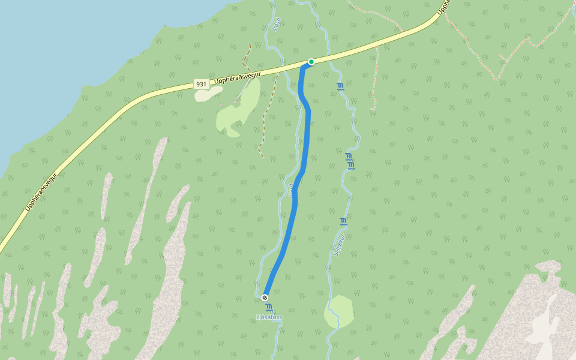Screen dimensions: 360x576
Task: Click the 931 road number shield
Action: [x=202, y=85]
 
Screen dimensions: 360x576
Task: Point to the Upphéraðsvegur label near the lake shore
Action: [x=40, y=191]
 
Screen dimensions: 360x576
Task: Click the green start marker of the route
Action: [x=311, y=61]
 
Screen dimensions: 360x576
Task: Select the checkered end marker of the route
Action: [x=265, y=297]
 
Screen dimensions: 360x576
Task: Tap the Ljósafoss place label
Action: [x=268, y=317]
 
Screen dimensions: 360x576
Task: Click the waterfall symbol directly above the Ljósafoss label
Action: [x=269, y=307]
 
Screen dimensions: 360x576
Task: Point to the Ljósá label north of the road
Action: [x=276, y=24]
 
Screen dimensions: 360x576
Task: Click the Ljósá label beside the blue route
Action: [x=292, y=190]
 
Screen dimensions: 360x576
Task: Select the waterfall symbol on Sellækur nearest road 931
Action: [x=340, y=87]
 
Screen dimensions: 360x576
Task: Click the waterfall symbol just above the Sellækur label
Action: [x=343, y=222]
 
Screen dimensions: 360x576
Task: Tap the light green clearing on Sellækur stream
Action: [x=338, y=311]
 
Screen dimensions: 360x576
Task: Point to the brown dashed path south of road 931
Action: [x=263, y=120]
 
